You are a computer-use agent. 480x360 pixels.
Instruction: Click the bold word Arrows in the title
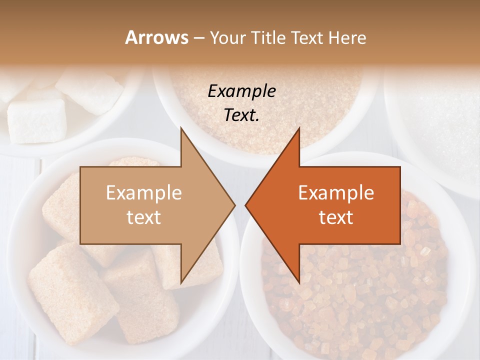pyautogui.click(x=156, y=37)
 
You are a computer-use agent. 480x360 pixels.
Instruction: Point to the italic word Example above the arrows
pyautogui.click(x=241, y=91)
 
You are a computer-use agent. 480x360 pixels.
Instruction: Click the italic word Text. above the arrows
pyautogui.click(x=241, y=115)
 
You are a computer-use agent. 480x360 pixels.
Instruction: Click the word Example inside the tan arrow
pyautogui.click(x=144, y=192)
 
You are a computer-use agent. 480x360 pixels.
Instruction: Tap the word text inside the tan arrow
pyautogui.click(x=144, y=217)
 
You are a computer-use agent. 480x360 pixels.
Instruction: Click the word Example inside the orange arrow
pyautogui.click(x=336, y=192)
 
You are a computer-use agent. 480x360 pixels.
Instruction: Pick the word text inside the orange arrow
pyautogui.click(x=336, y=217)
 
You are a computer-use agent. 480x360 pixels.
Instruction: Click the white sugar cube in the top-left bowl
pyautogui.click(x=37, y=120)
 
